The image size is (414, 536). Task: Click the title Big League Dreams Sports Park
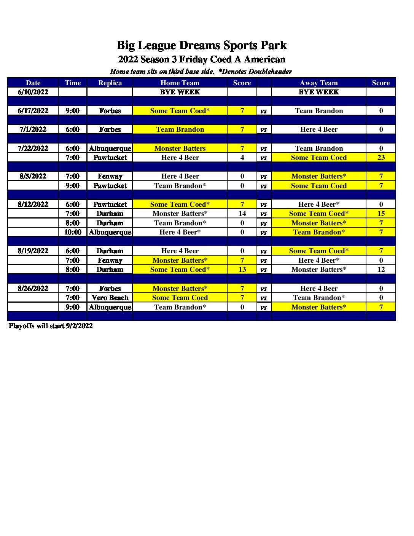tap(201, 45)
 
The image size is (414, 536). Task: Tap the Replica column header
tap(110, 83)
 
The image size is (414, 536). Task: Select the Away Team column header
tap(318, 83)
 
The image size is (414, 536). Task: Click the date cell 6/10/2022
tap(33, 92)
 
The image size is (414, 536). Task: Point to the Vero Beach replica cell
tap(110, 298)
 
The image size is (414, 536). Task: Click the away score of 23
tap(381, 158)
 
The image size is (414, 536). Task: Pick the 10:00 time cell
tap(73, 232)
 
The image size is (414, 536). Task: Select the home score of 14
tap(242, 214)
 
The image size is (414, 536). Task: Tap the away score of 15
tap(381, 214)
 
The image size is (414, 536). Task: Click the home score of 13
tap(242, 270)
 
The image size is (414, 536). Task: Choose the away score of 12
tap(381, 270)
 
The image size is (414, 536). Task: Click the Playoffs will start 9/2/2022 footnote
tap(51, 326)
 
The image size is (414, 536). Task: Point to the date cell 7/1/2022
tap(33, 129)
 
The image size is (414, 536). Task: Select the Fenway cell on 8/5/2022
tap(110, 176)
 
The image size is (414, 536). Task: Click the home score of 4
tap(242, 158)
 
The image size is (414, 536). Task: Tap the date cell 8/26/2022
tap(33, 289)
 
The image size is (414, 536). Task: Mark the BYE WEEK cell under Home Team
tap(180, 92)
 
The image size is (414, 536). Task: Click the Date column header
tap(33, 83)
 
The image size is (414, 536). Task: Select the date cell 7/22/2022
tap(33, 148)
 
